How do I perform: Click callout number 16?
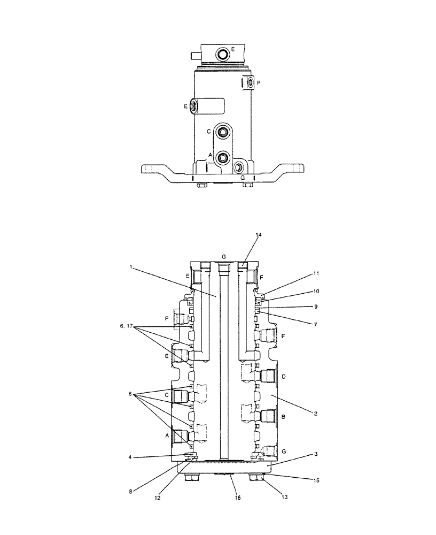pyautogui.click(x=238, y=498)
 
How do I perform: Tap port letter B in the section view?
pyautogui.click(x=284, y=415)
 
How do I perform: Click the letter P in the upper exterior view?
pyautogui.click(x=259, y=83)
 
